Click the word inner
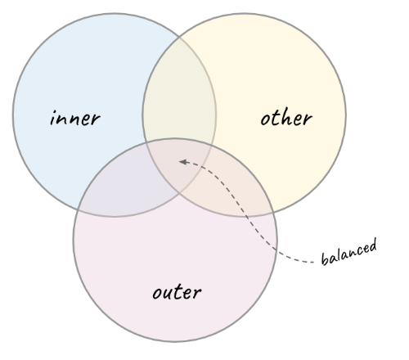click(x=75, y=118)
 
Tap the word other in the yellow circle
click(x=286, y=118)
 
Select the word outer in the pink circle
click(x=177, y=292)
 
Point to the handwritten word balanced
click(x=349, y=252)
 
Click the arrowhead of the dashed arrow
click(x=183, y=162)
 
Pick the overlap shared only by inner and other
click(x=179, y=90)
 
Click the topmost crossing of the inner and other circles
click(x=179, y=37)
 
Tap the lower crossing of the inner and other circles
click(x=179, y=193)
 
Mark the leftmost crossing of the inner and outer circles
click(x=78, y=210)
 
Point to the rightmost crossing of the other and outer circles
click(x=274, y=211)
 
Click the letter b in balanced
click(x=325, y=259)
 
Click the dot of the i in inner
click(x=55, y=111)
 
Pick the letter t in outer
click(x=179, y=292)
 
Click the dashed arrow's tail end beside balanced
click(x=314, y=263)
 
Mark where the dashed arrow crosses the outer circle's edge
click(x=276, y=249)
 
